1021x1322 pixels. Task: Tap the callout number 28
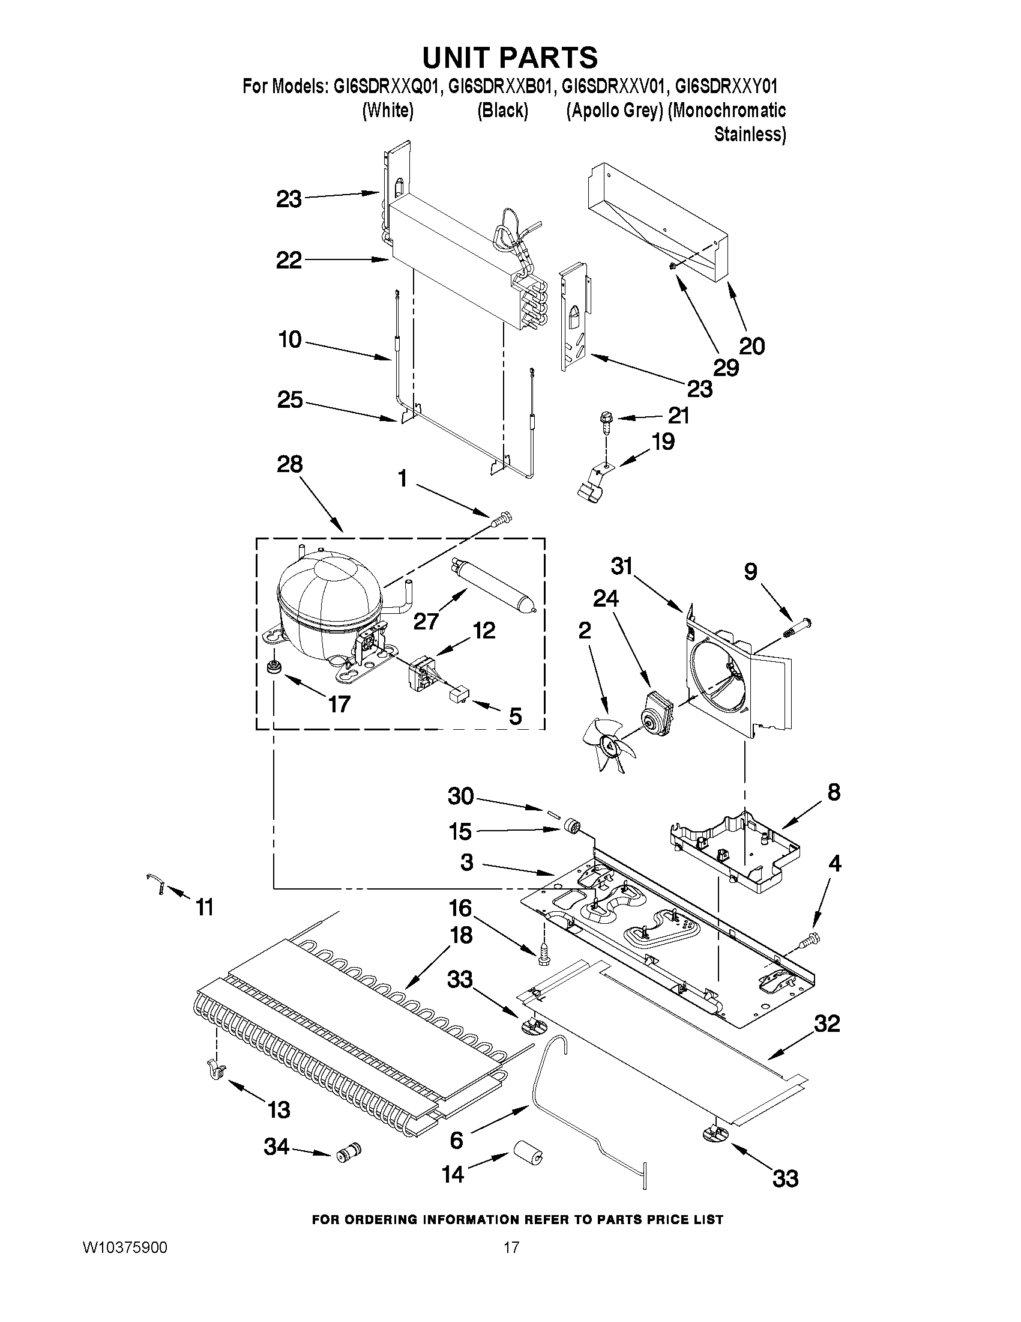coord(289,464)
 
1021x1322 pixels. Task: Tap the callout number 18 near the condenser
coord(461,935)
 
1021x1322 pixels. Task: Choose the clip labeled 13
coord(216,1070)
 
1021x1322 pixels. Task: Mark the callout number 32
coord(827,1023)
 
